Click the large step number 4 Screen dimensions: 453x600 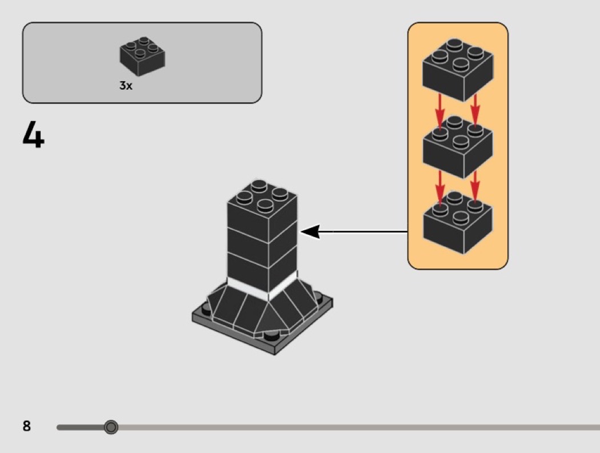click(34, 135)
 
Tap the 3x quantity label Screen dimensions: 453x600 click(126, 86)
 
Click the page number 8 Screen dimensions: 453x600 click(27, 426)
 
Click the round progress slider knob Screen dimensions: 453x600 click(111, 427)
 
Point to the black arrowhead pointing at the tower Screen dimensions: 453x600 click(309, 231)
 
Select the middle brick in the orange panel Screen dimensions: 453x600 click(457, 147)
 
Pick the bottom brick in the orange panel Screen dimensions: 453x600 click(457, 224)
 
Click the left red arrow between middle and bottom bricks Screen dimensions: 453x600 click(440, 186)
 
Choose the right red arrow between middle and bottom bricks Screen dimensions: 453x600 click(474, 184)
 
